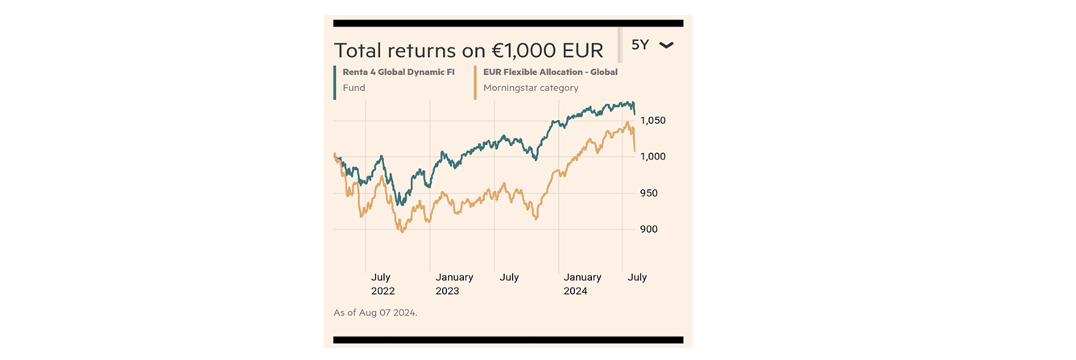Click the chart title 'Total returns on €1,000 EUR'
[468, 51]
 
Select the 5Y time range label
[640, 45]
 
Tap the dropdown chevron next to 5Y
[666, 45]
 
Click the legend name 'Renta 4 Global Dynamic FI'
[398, 72]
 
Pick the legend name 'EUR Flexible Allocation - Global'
[550, 72]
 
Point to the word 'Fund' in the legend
[354, 88]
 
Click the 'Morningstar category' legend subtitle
[531, 88]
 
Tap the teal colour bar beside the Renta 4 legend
[335, 82]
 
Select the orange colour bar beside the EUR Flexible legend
[475, 82]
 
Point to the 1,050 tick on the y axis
[652, 121]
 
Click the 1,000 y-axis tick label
[652, 157]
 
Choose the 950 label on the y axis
[649, 193]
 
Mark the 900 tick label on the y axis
[649, 230]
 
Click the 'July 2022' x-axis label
[383, 283]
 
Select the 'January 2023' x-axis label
[454, 283]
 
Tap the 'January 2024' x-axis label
[582, 283]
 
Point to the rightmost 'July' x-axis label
[637, 277]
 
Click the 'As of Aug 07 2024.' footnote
[375, 312]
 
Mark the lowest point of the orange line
[401, 232]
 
